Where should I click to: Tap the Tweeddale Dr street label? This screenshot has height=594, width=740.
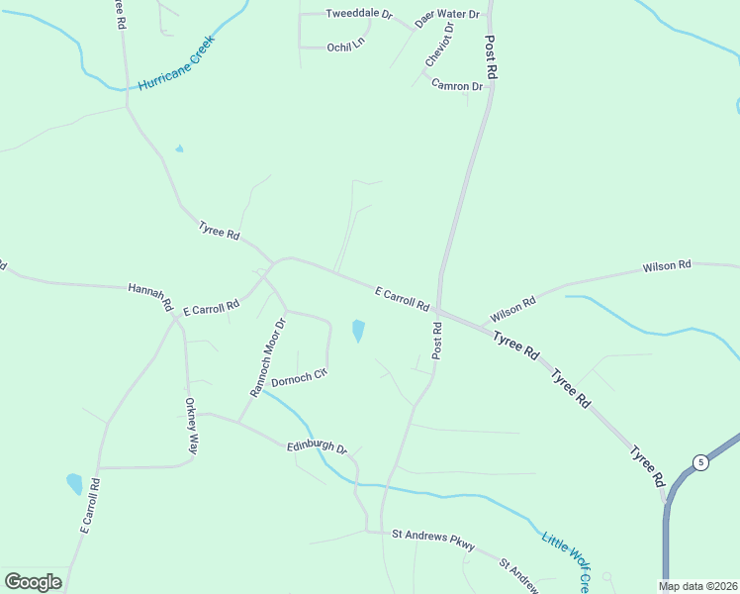pyautogui.click(x=359, y=16)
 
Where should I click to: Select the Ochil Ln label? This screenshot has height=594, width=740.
pyautogui.click(x=345, y=46)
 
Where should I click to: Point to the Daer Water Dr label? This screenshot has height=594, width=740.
pyautogui.click(x=446, y=16)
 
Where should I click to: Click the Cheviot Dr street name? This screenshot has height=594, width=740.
pyautogui.click(x=438, y=49)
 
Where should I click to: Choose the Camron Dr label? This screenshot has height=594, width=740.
pyautogui.click(x=457, y=86)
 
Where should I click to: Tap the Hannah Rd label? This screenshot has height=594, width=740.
pyautogui.click(x=151, y=296)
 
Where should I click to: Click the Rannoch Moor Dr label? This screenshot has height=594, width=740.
pyautogui.click(x=267, y=357)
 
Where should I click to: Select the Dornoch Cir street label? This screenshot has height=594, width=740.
pyautogui.click(x=299, y=378)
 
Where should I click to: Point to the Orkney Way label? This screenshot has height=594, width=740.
pyautogui.click(x=192, y=426)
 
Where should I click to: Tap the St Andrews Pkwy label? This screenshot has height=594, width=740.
pyautogui.click(x=433, y=540)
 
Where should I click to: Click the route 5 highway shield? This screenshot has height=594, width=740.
pyautogui.click(x=700, y=462)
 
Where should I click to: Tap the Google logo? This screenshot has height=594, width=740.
pyautogui.click(x=34, y=581)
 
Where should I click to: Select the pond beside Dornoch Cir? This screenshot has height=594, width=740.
pyautogui.click(x=358, y=331)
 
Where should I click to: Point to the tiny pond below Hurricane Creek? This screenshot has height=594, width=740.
pyautogui.click(x=179, y=149)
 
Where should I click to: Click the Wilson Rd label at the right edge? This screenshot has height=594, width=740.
pyautogui.click(x=667, y=266)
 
